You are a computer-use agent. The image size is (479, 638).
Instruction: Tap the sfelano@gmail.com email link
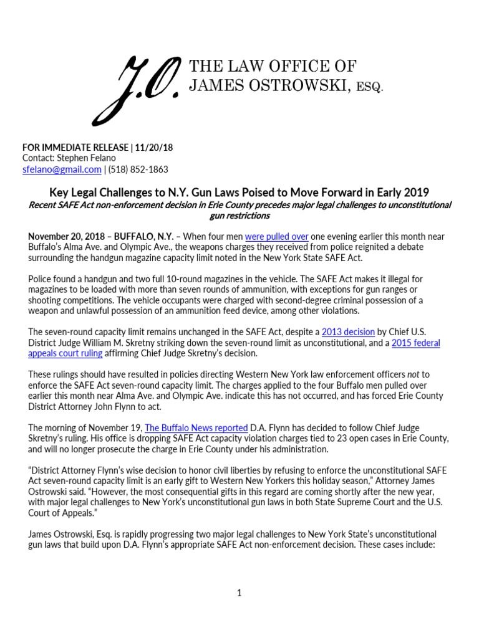[62, 169]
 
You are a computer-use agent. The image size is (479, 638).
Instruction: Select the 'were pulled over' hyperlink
[273, 237]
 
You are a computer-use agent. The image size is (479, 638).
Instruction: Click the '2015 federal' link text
[416, 343]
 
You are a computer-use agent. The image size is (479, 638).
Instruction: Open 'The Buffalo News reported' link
[196, 427]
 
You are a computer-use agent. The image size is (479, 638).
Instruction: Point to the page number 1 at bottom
[239, 593]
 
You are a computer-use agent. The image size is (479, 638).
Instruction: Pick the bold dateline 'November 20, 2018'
[66, 237]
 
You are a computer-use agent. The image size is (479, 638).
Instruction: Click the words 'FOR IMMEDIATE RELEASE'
[75, 147]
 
